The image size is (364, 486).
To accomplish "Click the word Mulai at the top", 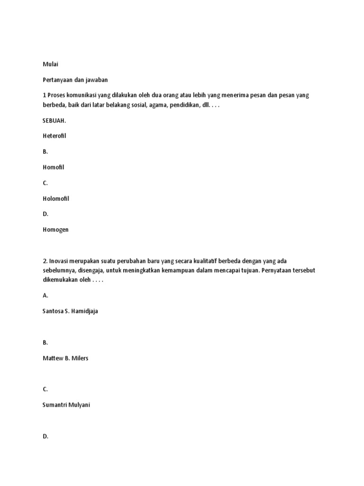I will click(x=50, y=64).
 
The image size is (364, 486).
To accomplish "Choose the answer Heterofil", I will click(x=55, y=136).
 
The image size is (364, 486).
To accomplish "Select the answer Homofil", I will click(x=53, y=167).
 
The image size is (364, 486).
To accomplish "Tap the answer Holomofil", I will click(x=55, y=198).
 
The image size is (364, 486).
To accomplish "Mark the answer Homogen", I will click(x=55, y=230).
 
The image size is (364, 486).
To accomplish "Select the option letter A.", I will click(x=45, y=295).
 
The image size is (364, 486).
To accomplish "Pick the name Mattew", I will click(x=53, y=358).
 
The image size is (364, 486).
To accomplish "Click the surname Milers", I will click(x=79, y=358).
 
